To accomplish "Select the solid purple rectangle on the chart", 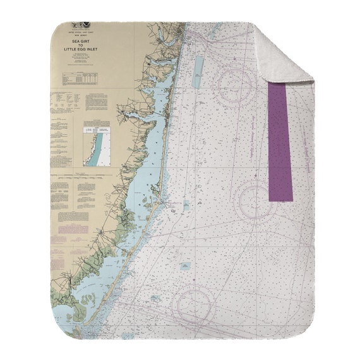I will point(280,143).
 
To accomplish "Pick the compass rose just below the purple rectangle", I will point(256,201).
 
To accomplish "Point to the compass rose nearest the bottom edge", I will point(195,306).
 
